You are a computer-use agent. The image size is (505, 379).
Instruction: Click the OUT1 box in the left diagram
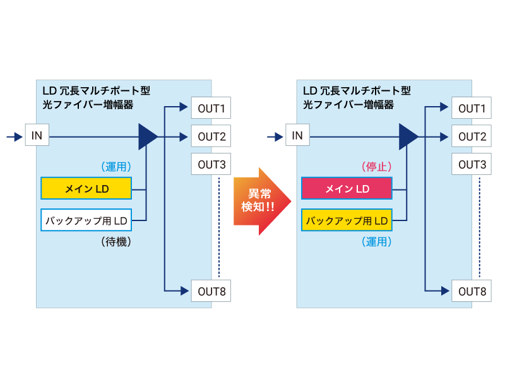point(211,108)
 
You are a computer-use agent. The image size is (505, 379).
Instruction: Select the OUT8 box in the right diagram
point(472,291)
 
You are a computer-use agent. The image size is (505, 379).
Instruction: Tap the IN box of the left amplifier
point(37,135)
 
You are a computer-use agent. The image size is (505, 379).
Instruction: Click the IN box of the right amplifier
point(297,135)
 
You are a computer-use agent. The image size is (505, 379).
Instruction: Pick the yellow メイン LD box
point(86,188)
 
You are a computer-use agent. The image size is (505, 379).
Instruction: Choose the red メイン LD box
point(347,188)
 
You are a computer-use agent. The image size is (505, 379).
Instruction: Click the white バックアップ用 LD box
point(86,220)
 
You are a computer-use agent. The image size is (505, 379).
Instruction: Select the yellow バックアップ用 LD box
point(347,220)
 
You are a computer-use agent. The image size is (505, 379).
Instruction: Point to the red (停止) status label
point(377,167)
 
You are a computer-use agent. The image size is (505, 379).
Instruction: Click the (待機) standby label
point(116,242)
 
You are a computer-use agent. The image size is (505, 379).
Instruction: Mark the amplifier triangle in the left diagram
point(147,136)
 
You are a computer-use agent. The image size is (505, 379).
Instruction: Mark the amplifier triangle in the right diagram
point(408,136)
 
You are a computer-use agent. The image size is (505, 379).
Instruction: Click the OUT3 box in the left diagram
point(211,164)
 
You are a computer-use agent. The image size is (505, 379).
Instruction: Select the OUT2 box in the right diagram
point(472,136)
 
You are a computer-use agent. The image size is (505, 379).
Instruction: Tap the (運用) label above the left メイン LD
point(116,167)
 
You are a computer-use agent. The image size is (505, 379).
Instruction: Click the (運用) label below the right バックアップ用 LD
point(377,242)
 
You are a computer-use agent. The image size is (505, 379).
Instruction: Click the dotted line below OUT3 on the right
point(479,227)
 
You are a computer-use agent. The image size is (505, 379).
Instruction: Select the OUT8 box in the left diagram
point(211,291)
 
